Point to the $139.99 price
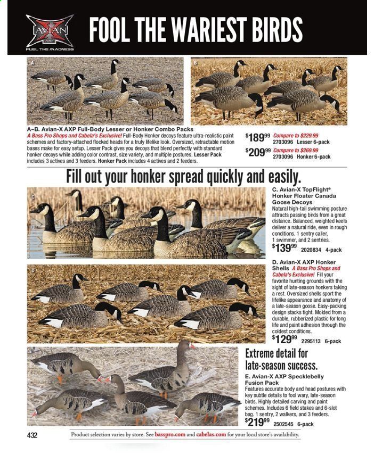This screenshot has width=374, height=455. pyautogui.click(x=284, y=248)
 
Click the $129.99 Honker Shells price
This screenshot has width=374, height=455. pyautogui.click(x=284, y=339)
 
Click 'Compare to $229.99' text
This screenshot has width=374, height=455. pyautogui.click(x=295, y=135)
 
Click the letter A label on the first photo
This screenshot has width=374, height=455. pyautogui.click(x=31, y=62)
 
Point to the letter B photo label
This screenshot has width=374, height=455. pyautogui.click(x=196, y=62)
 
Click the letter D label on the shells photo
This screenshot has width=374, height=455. pyautogui.click(x=33, y=271)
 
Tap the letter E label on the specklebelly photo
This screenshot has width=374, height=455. pyautogui.click(x=31, y=352)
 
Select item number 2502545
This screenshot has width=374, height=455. pyautogui.click(x=284, y=425)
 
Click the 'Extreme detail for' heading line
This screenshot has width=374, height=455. pyautogui.click(x=276, y=353)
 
